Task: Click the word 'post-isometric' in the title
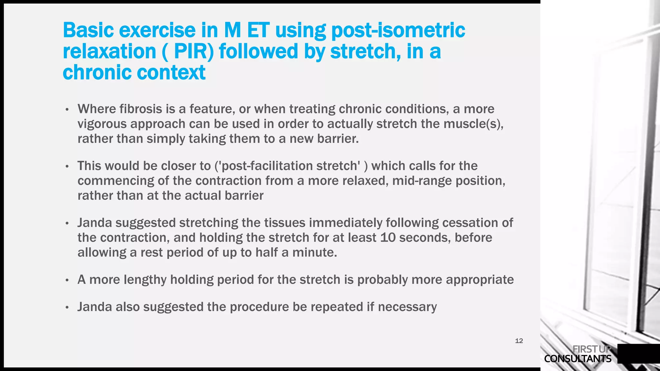tap(398, 30)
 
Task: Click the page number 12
tap(519, 341)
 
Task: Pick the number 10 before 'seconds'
tap(388, 238)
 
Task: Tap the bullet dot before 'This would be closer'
tap(67, 167)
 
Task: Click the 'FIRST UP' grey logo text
tap(592, 349)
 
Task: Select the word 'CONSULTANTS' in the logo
tap(577, 359)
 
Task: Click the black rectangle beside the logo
tap(638, 354)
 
